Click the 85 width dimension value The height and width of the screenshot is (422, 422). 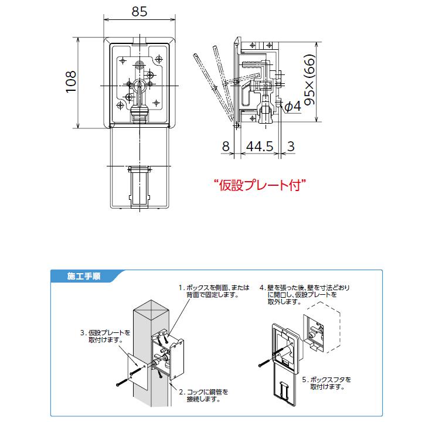click(139, 11)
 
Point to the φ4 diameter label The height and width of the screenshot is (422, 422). click(292, 106)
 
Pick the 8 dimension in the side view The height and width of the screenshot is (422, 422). click(226, 147)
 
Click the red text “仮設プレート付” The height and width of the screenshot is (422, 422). click(260, 186)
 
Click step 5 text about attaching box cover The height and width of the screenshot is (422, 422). click(331, 383)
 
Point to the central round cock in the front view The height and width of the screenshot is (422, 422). click(139, 86)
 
